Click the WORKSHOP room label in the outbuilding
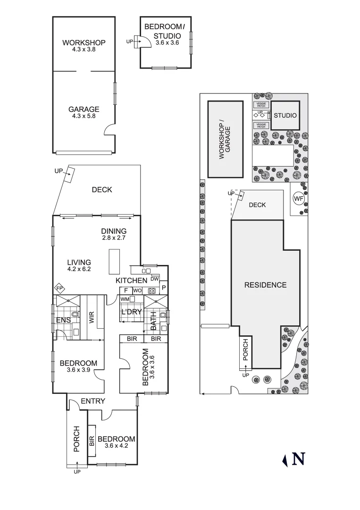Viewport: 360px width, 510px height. click(x=84, y=42)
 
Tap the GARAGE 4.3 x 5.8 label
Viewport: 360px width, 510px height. click(x=84, y=110)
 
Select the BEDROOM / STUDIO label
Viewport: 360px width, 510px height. click(x=162, y=31)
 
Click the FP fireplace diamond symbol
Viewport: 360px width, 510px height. click(x=60, y=288)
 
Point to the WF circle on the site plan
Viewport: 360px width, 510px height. click(x=299, y=198)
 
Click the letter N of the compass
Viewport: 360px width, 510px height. click(x=299, y=459)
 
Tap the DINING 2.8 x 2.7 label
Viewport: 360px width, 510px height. click(x=114, y=231)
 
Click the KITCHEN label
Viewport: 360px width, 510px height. click(x=132, y=281)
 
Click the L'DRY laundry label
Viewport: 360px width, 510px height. click(x=132, y=312)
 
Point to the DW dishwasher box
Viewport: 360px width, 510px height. click(x=155, y=279)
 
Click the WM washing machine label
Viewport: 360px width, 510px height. click(x=125, y=299)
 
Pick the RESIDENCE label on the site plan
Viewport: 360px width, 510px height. click(x=265, y=285)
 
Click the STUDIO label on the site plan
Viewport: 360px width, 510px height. click(x=285, y=116)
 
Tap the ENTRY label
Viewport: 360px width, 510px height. click(x=92, y=401)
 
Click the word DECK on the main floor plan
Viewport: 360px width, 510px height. click(x=102, y=190)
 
